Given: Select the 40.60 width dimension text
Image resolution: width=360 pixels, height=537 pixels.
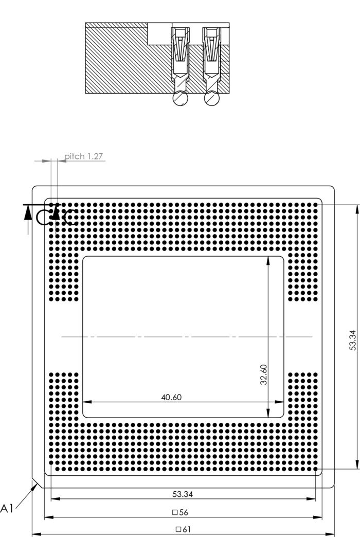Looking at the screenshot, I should coord(171,397).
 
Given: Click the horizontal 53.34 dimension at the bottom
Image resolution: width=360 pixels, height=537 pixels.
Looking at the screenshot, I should coord(183,494).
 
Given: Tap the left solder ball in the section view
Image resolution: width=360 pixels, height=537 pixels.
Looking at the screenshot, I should coord(181,98).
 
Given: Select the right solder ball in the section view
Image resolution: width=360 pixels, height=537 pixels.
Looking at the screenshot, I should coord(211,98).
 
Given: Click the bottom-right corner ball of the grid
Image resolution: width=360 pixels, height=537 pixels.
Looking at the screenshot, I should coord(315,469).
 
